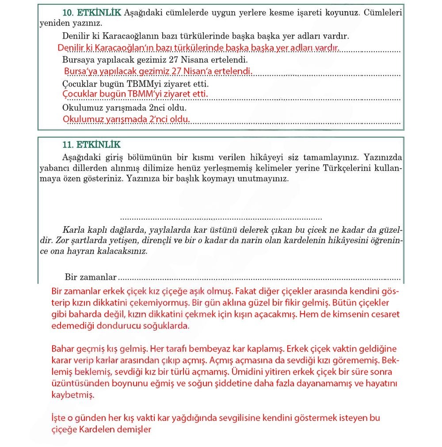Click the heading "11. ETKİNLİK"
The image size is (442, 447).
point(91,145)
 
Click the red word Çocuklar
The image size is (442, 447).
point(80,94)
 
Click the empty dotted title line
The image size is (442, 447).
point(221,217)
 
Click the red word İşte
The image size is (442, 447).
point(59,418)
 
